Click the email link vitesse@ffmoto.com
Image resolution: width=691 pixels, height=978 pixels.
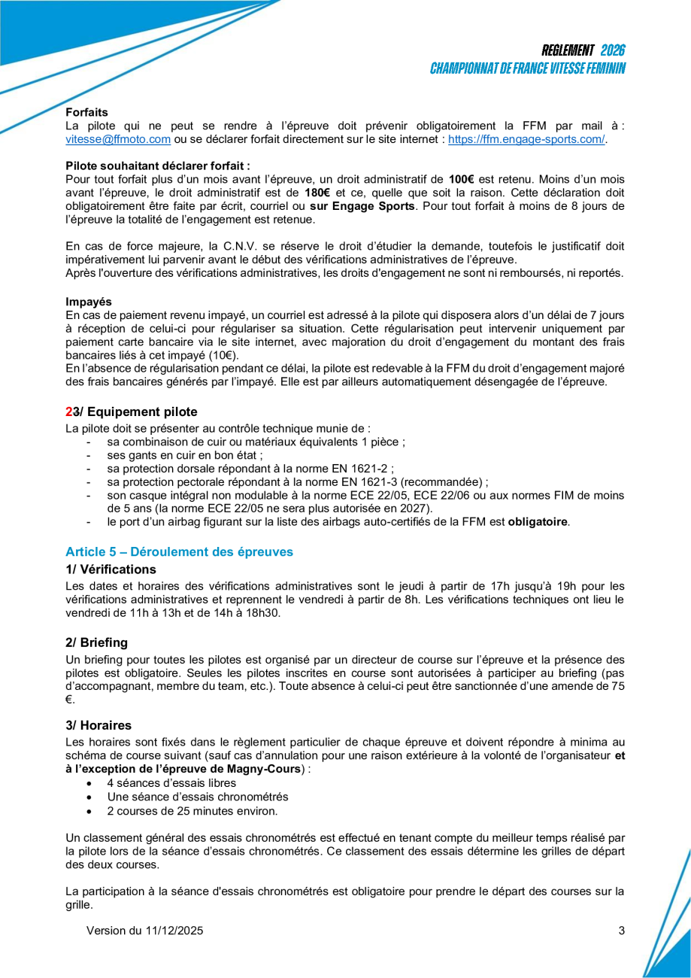118,139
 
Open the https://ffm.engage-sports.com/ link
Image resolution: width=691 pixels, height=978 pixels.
526,139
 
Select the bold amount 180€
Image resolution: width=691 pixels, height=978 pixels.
318,193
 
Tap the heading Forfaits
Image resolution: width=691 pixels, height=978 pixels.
86,112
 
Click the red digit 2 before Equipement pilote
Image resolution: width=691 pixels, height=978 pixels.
68,412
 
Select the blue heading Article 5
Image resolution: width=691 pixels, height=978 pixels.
179,551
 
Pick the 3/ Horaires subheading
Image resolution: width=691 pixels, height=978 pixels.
98,725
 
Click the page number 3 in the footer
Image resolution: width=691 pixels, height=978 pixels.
621,931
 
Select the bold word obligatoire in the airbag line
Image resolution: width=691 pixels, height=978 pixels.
537,521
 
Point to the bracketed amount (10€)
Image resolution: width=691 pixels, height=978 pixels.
223,354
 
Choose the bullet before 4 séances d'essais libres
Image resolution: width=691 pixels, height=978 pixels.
90,783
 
